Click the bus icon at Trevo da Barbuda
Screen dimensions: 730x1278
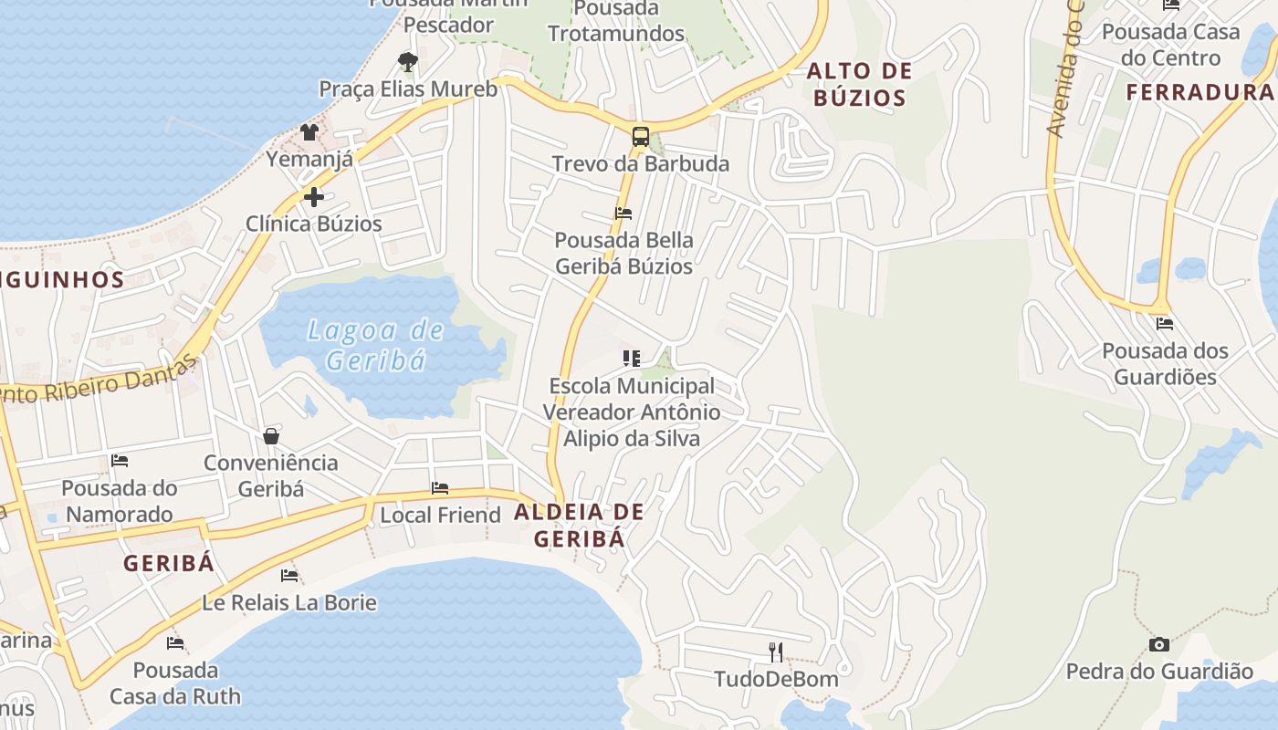[641, 138]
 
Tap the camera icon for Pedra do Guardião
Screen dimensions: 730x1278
[1159, 645]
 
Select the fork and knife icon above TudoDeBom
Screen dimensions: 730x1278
[776, 652]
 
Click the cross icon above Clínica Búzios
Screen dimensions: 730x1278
[314, 197]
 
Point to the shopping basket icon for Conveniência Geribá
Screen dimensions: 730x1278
[271, 436]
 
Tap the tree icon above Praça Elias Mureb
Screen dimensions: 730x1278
[408, 62]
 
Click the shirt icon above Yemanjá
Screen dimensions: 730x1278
[309, 133]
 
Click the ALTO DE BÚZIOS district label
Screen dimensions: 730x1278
[859, 85]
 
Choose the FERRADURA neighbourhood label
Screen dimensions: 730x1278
[1199, 92]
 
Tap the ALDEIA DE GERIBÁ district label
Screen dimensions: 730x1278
[579, 526]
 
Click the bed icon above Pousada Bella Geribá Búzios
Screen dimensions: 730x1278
[623, 214]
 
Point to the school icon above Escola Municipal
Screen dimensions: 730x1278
[631, 359]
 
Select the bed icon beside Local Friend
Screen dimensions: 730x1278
[440, 488]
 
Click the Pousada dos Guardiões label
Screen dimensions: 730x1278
[1165, 364]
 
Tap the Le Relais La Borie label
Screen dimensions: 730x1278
[288, 603]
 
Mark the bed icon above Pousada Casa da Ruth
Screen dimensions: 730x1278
[175, 643]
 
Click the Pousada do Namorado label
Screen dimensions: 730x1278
[120, 501]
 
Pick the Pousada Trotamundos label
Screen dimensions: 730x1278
[616, 21]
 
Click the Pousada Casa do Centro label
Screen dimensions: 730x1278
[1170, 45]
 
